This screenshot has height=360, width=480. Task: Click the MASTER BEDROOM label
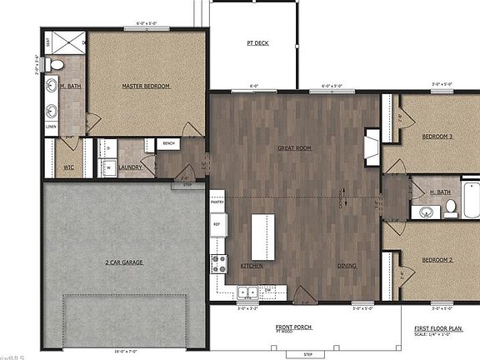click(146, 86)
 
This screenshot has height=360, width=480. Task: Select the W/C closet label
click(69, 167)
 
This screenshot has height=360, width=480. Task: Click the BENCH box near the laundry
click(168, 144)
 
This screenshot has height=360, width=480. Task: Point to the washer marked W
click(108, 167)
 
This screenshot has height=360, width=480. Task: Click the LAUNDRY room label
click(131, 167)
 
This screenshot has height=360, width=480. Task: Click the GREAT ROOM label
click(294, 147)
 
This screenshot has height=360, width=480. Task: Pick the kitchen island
click(263, 237)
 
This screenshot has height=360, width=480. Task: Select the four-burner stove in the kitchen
click(219, 264)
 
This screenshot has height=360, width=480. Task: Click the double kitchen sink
click(247, 292)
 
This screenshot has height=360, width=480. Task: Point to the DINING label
click(347, 266)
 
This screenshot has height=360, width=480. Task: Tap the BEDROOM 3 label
click(437, 136)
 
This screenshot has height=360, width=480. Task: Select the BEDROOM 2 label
click(437, 260)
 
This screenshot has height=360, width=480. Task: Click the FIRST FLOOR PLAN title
click(438, 328)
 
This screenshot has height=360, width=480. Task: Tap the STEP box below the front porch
click(307, 354)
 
